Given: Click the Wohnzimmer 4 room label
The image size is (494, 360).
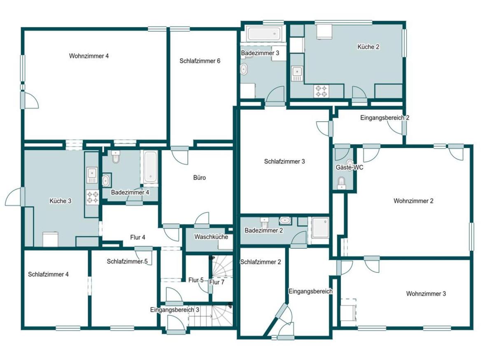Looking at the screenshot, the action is pyautogui.click(x=89, y=56).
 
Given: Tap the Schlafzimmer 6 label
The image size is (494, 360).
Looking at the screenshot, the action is pyautogui.click(x=200, y=61).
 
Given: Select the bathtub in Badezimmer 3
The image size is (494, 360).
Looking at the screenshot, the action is pyautogui.click(x=264, y=34).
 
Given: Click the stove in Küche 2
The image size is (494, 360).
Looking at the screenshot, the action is pyautogui.click(x=321, y=91).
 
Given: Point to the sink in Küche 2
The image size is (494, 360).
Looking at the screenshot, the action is pyautogui.click(x=297, y=73).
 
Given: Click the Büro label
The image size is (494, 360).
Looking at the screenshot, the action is pyautogui.click(x=200, y=178).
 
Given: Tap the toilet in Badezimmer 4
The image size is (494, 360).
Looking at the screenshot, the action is pyautogui.click(x=115, y=157).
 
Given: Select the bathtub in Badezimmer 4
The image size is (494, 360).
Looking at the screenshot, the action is pyautogui.click(x=151, y=167).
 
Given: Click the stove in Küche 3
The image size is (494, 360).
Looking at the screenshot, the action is pyautogui.click(x=92, y=197).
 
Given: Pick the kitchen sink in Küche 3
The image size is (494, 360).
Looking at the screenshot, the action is pyautogui.click(x=92, y=175).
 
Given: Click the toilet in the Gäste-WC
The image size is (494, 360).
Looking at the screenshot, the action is pyautogui.click(x=341, y=183).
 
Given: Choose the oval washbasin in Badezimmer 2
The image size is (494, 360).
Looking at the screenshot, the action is pyautogui.click(x=285, y=220).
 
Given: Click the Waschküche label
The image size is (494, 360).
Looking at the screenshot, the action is pyautogui.click(x=211, y=237).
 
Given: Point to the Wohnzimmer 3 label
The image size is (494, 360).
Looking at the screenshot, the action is pyautogui.click(x=426, y=294).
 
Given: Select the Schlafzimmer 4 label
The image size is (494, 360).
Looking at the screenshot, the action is pyautogui.click(x=48, y=274).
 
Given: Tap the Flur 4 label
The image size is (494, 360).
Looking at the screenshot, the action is pyautogui.click(x=137, y=238).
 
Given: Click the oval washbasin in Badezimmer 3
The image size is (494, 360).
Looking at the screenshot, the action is pyautogui.click(x=244, y=69).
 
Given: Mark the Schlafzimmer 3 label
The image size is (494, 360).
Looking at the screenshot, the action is pyautogui.click(x=284, y=161).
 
